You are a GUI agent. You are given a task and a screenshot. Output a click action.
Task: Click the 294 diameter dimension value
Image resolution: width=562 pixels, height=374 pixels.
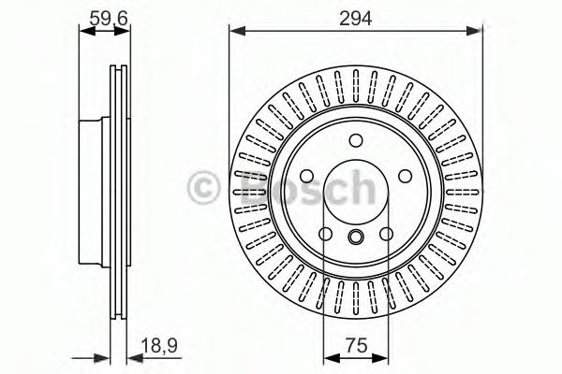[x=356, y=19]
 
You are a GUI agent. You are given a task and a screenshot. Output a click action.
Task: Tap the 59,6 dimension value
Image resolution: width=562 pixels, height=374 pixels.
[x=109, y=19]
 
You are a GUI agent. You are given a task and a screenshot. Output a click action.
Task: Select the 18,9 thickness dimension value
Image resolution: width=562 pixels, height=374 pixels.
[x=159, y=346]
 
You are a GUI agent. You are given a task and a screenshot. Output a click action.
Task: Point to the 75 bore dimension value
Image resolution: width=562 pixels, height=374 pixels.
[x=357, y=346]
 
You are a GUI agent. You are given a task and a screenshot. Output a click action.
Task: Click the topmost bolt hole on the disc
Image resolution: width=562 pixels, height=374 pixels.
[x=356, y=140]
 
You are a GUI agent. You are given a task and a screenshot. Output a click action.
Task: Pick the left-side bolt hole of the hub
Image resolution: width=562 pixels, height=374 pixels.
[x=307, y=176]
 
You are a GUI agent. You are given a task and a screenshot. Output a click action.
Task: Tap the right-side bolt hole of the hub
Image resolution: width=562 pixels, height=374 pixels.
[x=405, y=176]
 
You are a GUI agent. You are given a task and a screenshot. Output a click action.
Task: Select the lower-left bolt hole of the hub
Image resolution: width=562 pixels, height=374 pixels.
[x=325, y=234]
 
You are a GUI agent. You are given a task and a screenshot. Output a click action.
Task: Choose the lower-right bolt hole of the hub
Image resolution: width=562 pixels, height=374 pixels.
[x=386, y=234]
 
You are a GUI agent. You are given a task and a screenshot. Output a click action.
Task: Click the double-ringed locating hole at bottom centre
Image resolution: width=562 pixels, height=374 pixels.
[x=356, y=237]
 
